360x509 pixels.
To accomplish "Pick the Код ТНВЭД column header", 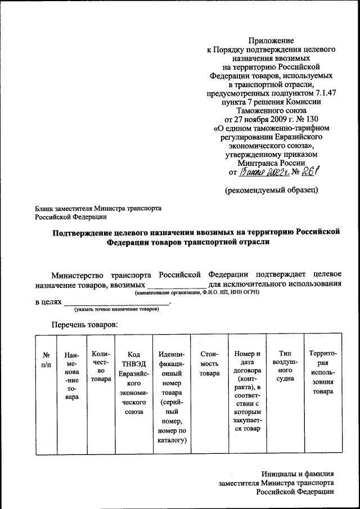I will [133, 382].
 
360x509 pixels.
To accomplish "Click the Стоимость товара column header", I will [209, 363].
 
